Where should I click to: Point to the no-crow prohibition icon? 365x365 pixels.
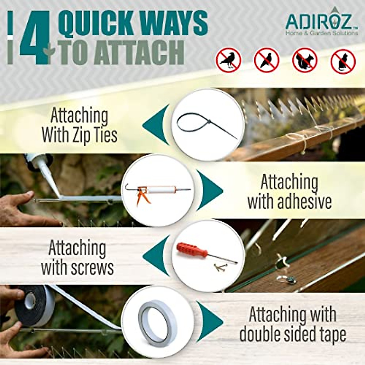click(228, 60)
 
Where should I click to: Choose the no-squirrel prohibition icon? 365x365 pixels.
click(304, 60)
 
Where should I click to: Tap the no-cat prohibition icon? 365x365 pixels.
click(343, 61)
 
